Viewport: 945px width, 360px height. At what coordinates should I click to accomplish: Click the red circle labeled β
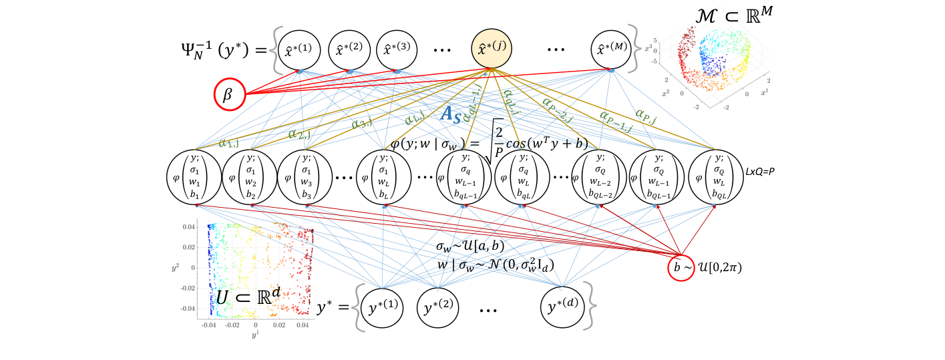click(x=227, y=96)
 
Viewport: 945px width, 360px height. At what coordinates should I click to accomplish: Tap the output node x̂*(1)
click(x=300, y=50)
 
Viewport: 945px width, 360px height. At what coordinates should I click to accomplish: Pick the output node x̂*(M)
click(x=610, y=50)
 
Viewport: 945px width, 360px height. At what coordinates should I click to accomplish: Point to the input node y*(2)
click(x=438, y=308)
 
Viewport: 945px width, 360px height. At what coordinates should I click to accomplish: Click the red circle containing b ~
click(x=683, y=266)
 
